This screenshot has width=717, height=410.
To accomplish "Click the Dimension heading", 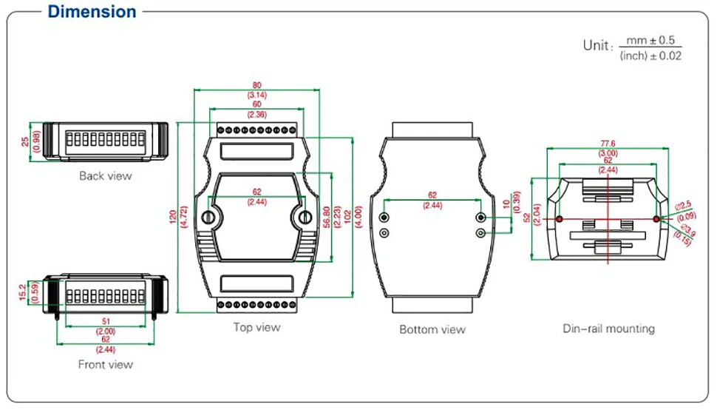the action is tap(92, 11).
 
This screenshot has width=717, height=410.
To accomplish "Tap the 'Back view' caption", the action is tap(105, 175).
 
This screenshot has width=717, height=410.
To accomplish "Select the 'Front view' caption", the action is tap(105, 364).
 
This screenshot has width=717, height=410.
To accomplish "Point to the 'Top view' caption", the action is tap(256, 327).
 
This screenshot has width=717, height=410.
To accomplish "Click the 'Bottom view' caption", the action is tap(432, 329).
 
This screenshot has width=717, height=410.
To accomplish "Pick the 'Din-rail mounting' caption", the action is tap(608, 329).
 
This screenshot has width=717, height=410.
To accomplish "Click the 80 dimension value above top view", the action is tap(257, 85).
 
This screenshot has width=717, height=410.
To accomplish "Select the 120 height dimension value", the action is tap(173, 217).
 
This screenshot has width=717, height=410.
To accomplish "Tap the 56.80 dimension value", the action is tap(327, 217).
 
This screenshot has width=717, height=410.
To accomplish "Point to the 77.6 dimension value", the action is tap(608, 144).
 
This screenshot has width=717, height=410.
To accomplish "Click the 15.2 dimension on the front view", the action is tap(22, 292).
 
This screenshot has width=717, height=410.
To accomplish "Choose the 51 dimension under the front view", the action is tap(106, 321).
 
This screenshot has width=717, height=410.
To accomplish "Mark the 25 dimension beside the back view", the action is tap(25, 142).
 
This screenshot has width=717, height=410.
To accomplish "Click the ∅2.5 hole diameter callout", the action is tap(683, 206).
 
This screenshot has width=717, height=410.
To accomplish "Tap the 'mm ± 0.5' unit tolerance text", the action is tap(650, 40).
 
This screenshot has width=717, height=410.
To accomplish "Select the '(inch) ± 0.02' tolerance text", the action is tap(650, 56).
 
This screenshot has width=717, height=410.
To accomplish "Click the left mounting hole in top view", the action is tap(208, 217).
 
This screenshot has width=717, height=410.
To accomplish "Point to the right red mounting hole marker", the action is tap(656, 219).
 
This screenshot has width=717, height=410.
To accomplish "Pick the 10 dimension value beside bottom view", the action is tap(506, 204).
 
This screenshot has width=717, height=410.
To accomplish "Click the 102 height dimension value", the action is tap(347, 217).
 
